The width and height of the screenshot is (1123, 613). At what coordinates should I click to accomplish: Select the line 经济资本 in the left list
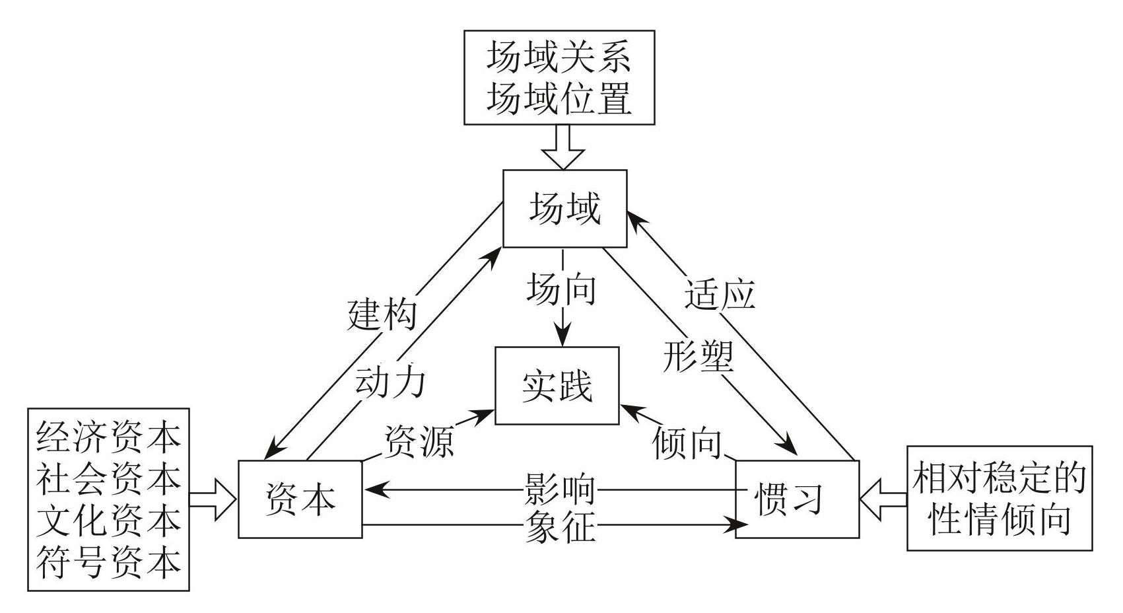(x=108, y=436)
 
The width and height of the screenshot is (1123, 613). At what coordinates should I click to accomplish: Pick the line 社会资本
(x=108, y=478)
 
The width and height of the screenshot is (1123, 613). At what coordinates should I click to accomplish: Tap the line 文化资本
(x=108, y=520)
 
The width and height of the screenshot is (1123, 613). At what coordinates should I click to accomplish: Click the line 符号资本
(x=108, y=561)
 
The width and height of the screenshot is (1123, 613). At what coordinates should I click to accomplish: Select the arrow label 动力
(x=390, y=382)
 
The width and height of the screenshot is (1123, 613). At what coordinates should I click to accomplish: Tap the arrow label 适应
(x=720, y=295)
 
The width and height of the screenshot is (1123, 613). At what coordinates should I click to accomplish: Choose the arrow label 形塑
(x=698, y=357)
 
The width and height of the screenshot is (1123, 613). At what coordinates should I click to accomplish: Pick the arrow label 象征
(x=560, y=526)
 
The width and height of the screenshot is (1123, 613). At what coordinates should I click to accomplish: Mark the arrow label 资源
(x=419, y=441)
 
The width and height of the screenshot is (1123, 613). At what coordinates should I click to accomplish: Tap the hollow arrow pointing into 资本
(x=213, y=499)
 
